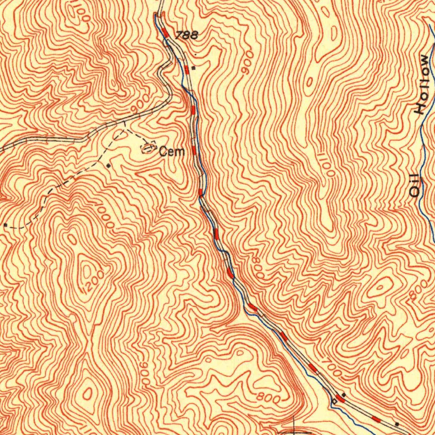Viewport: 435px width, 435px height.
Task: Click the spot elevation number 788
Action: (186, 36)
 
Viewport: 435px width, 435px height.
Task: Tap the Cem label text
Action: (172, 151)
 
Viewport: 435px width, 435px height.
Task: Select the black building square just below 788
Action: (193, 68)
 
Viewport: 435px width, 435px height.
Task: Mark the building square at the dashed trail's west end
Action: (5, 224)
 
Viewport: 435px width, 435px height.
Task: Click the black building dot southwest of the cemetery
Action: (109, 165)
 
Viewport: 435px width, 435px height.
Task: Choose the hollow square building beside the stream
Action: (334, 401)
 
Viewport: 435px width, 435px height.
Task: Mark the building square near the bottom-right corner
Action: (397, 424)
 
